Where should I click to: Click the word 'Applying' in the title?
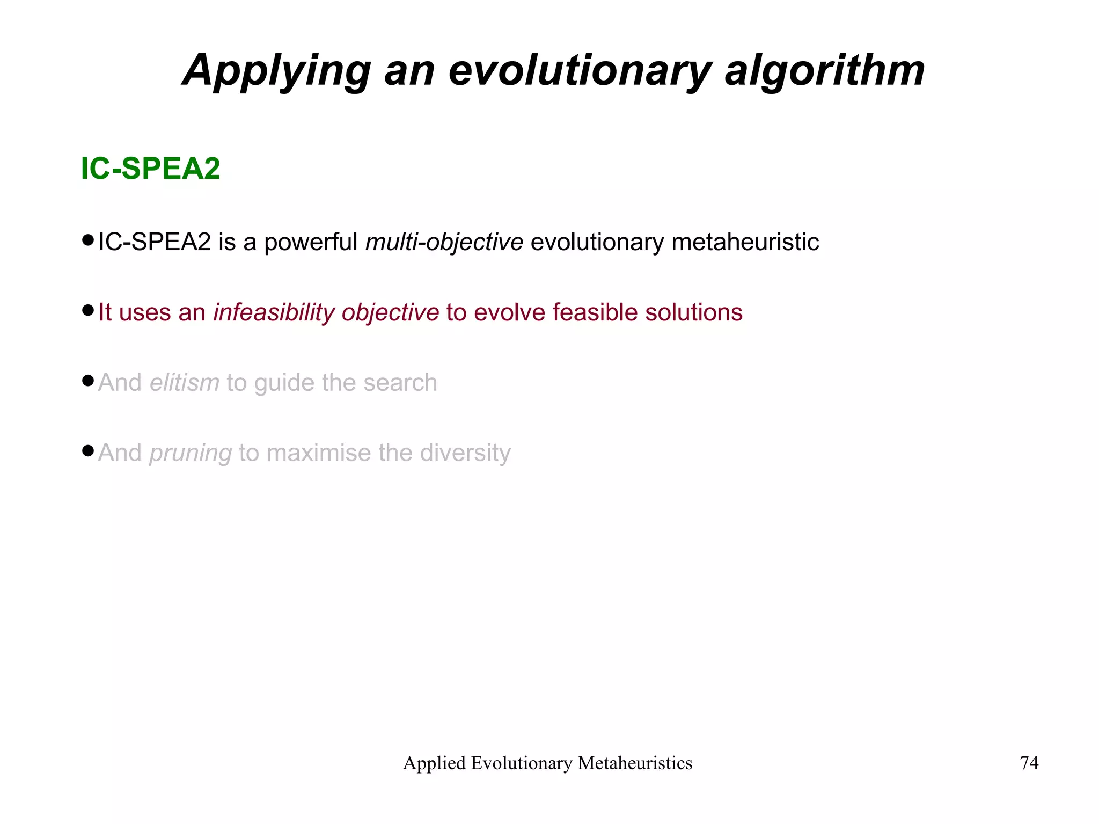[x=276, y=71]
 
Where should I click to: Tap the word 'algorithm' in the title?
[x=824, y=71]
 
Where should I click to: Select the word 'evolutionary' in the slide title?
[x=580, y=71]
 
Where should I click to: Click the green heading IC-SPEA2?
[x=150, y=169]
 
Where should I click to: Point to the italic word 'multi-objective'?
[x=444, y=242]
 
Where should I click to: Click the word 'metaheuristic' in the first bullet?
[x=745, y=242]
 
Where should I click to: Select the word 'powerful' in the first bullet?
[x=311, y=242]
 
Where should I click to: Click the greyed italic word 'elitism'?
[x=184, y=383]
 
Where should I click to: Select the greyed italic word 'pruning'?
[x=191, y=453]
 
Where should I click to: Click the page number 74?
[x=1029, y=763]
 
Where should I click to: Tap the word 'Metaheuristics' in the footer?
[x=635, y=763]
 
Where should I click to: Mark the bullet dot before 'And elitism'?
[x=88, y=381]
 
